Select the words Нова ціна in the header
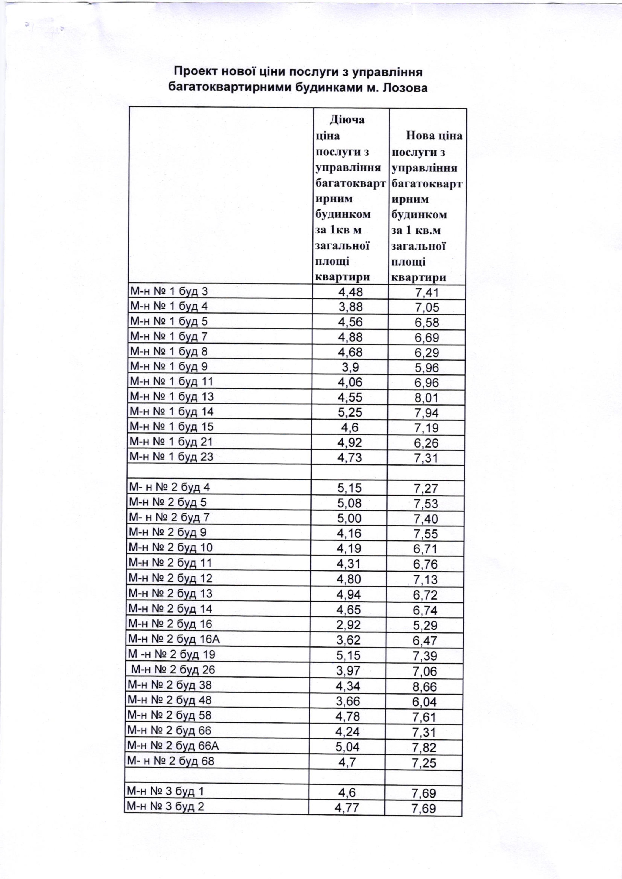[434, 136]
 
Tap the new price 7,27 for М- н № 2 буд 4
[426, 488]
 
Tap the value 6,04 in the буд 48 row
[425, 702]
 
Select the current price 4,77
[347, 808]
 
